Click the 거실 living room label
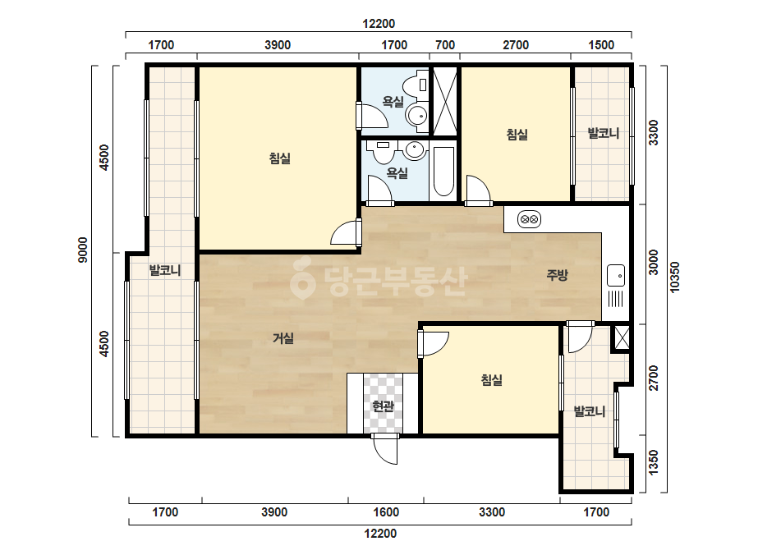click(x=283, y=338)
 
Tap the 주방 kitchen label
click(x=557, y=275)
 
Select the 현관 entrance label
click(x=383, y=406)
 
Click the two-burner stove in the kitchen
click(x=529, y=219)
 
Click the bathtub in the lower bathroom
click(x=443, y=171)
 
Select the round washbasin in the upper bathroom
click(x=416, y=116)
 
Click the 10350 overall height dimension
click(x=675, y=277)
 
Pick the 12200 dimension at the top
click(x=379, y=23)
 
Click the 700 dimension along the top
click(x=445, y=45)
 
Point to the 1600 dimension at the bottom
click(x=386, y=512)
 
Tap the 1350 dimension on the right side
click(x=654, y=462)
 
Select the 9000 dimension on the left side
click(x=83, y=250)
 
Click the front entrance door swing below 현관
click(x=385, y=449)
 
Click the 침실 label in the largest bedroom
click(x=280, y=158)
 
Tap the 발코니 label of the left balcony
click(x=165, y=270)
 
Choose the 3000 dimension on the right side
click(x=654, y=262)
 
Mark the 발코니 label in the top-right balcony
click(x=604, y=133)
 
